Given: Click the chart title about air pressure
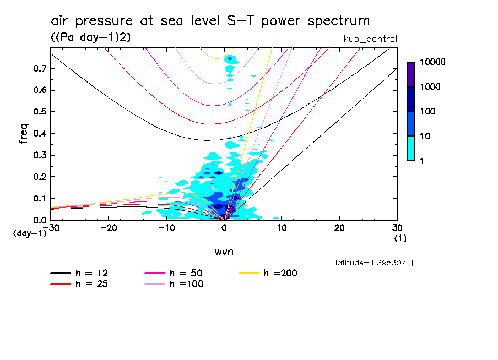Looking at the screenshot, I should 210,21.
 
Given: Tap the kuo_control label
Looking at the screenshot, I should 370,39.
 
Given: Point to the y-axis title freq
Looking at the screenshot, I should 23,134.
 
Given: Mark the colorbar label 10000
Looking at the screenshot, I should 433,62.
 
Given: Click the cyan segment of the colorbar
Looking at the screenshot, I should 411,148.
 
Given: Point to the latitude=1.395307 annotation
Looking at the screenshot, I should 370,263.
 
